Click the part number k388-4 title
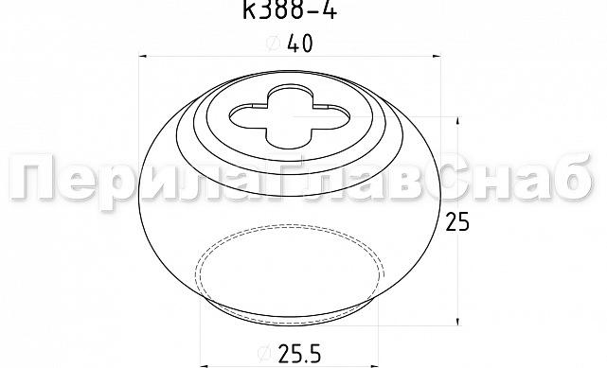[x=290, y=9]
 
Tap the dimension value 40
[x=299, y=44]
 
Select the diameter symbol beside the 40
[x=274, y=43]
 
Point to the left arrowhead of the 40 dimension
[x=143, y=57]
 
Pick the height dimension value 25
[x=456, y=222]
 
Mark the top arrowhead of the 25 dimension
[x=458, y=120]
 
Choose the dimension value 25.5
[x=299, y=353]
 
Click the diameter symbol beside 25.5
[x=264, y=353]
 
